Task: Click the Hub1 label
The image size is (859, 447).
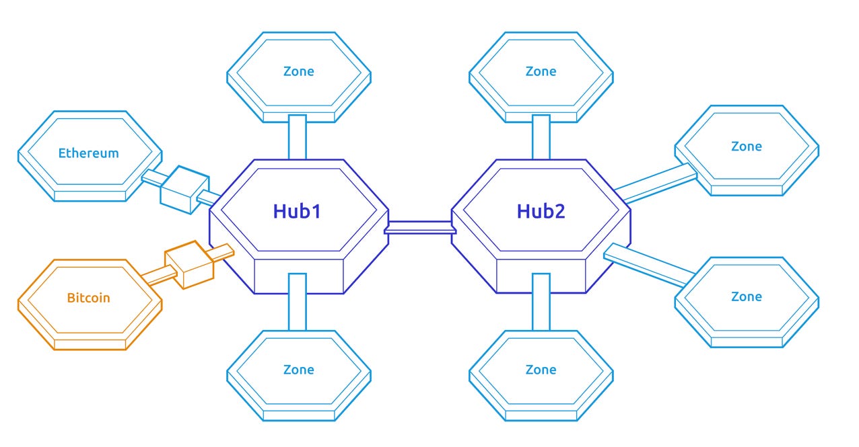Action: click(x=297, y=211)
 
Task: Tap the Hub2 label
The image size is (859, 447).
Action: click(x=541, y=211)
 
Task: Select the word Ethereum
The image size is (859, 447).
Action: click(x=88, y=153)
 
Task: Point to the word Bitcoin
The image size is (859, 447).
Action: click(x=88, y=297)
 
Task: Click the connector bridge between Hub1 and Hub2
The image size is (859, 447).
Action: click(x=420, y=228)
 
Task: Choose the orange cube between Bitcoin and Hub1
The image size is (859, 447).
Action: click(x=189, y=264)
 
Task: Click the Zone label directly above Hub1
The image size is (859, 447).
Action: click(x=298, y=71)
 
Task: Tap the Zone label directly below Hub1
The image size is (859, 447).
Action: click(x=298, y=370)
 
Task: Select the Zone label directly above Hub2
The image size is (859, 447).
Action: click(x=541, y=71)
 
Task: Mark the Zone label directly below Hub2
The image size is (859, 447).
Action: click(x=541, y=370)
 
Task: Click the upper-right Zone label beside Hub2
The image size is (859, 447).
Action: click(x=747, y=147)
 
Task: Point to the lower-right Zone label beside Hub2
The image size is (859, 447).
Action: click(x=747, y=296)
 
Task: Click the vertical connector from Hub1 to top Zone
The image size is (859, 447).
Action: click(x=298, y=137)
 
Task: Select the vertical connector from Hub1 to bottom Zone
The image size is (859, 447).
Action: click(x=298, y=302)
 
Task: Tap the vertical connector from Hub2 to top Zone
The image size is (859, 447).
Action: click(x=541, y=137)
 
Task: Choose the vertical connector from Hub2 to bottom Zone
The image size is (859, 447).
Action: click(x=541, y=302)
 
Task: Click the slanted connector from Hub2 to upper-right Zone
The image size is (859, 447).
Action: click(x=656, y=183)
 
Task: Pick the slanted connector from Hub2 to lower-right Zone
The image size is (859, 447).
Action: click(x=650, y=263)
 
